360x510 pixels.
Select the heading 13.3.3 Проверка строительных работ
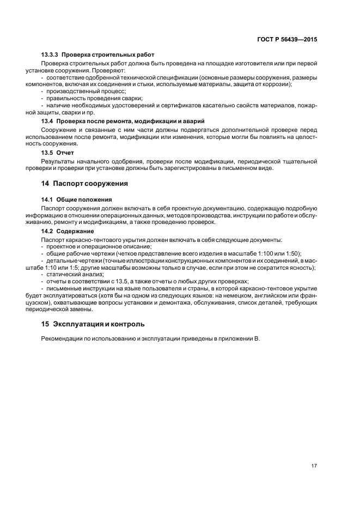tap(97, 55)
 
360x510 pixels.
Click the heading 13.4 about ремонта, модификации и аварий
tap(123, 120)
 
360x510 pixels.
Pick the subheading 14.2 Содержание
tap(69, 232)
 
